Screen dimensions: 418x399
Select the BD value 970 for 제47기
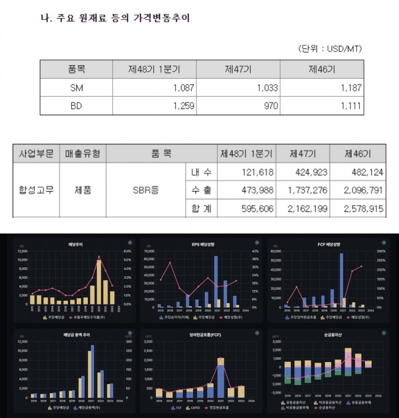[267, 106]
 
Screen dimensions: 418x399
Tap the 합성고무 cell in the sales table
[36, 191]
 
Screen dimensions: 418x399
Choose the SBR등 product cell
[146, 191]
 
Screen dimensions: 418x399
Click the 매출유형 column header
[83, 153]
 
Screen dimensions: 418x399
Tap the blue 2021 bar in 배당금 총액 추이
[92, 372]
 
